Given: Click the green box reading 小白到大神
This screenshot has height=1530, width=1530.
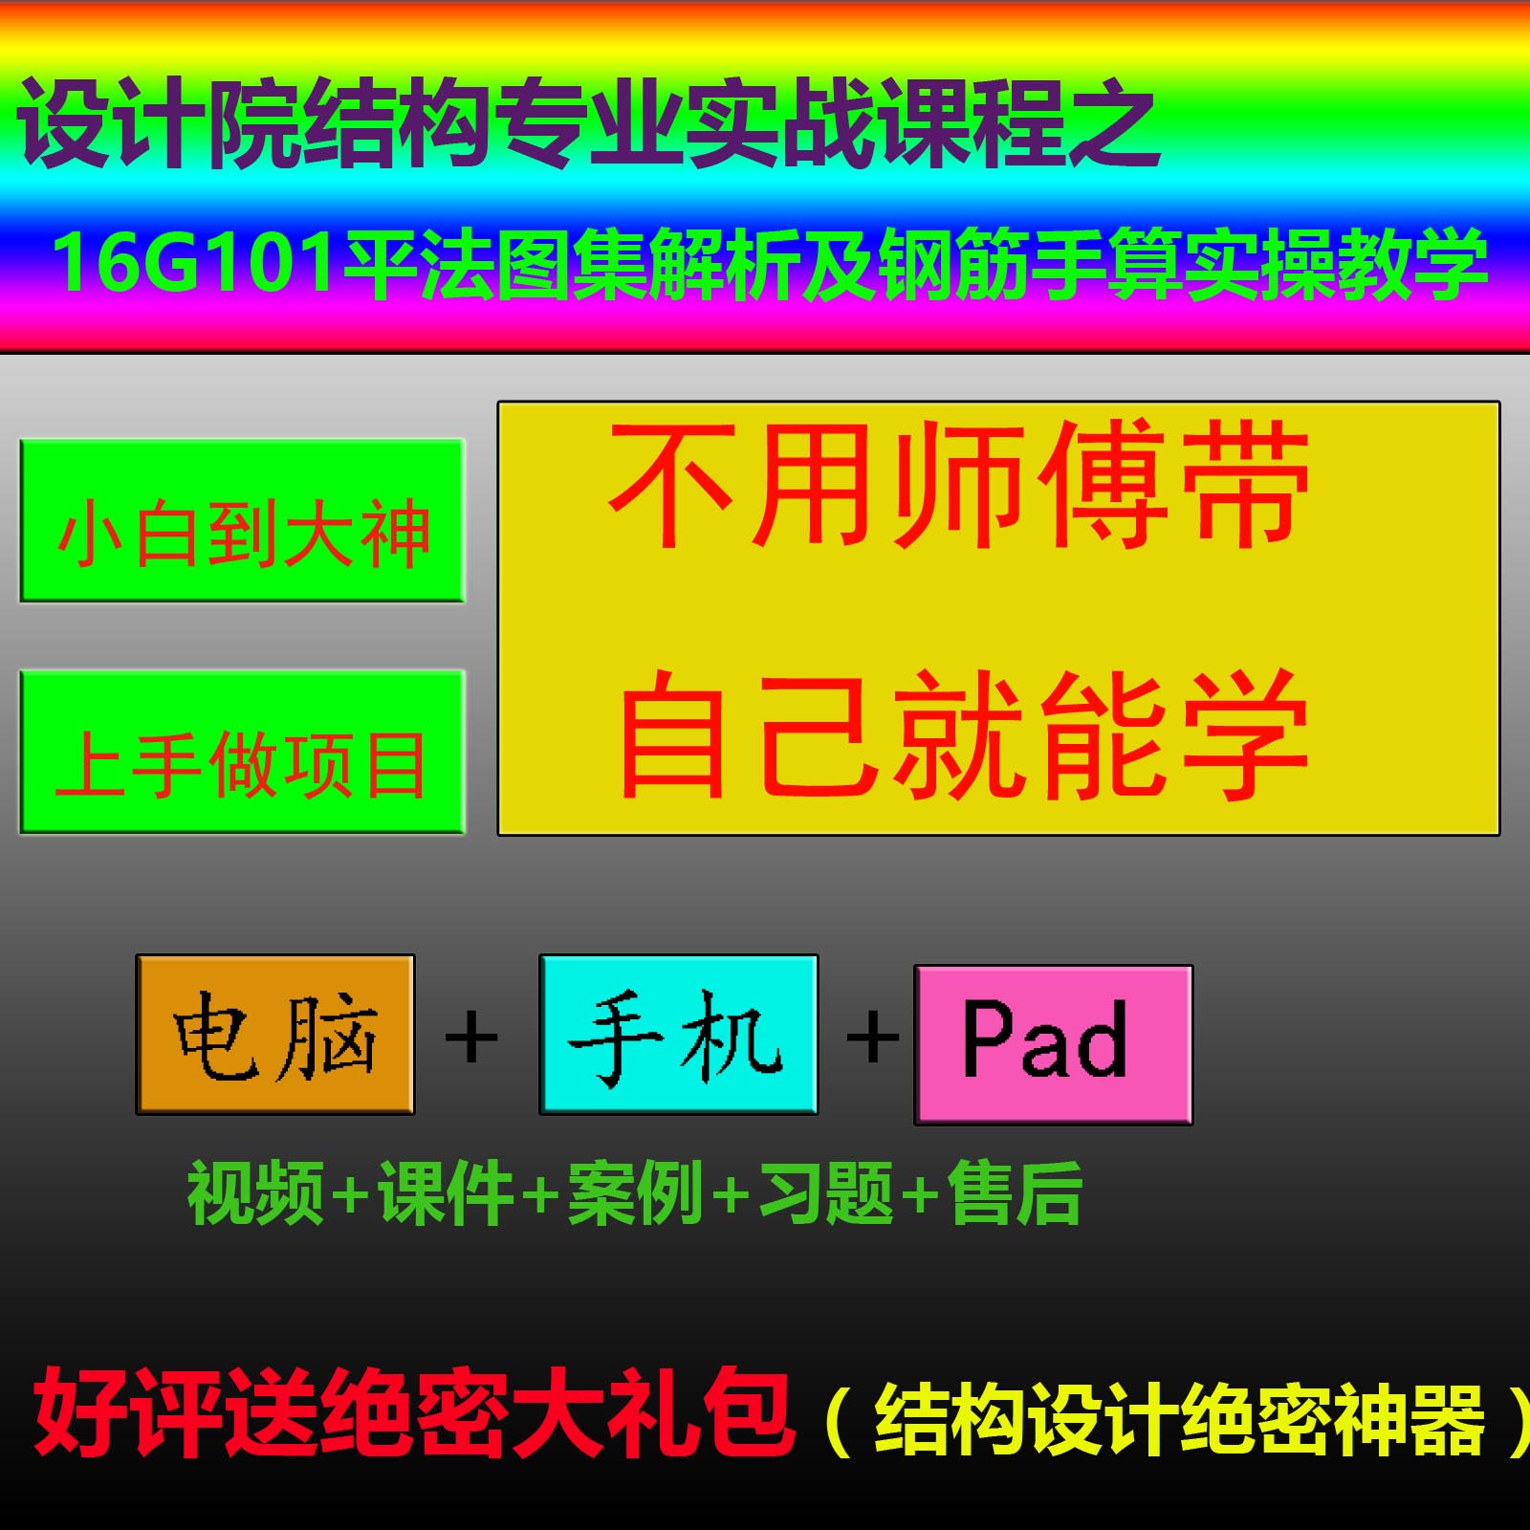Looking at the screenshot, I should (242, 521).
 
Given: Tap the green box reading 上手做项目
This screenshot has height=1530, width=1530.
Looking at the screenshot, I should (242, 752).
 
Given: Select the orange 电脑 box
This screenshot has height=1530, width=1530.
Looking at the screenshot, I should (275, 1035).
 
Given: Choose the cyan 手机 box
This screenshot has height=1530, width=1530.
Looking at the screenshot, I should (678, 1035).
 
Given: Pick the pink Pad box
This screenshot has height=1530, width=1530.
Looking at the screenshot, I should (1053, 1044).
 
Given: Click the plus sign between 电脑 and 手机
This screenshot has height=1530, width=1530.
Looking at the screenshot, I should (471, 1037).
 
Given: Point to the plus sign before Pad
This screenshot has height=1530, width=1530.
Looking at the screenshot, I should (872, 1037).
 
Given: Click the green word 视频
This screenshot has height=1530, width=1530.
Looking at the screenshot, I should (255, 1192).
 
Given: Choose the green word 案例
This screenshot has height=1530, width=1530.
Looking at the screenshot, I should (636, 1192).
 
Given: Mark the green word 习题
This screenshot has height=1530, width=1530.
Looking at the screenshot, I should (825, 1192).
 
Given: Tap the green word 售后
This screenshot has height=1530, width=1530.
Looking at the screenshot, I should (1015, 1192).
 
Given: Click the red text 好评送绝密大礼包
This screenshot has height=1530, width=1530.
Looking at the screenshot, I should (413, 1412).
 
